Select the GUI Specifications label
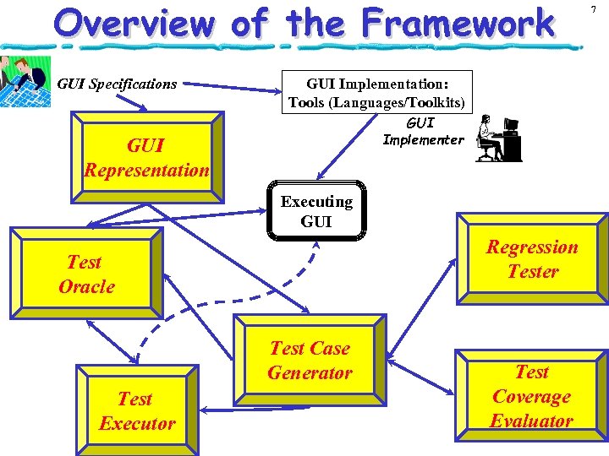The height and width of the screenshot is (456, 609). click(117, 84)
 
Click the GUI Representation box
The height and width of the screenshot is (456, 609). click(146, 158)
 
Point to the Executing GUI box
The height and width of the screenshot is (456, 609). click(316, 212)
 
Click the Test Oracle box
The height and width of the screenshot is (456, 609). click(85, 274)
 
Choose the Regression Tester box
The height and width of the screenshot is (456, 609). click(532, 259)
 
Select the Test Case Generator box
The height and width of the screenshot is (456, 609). click(310, 361)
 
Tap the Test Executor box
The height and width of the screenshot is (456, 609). click(136, 410)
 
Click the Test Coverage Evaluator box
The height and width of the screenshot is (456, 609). click(531, 396)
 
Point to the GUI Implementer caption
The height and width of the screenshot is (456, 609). click(423, 132)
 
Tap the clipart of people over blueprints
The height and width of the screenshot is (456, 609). click(25, 83)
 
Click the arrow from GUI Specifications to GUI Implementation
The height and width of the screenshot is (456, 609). click(233, 84)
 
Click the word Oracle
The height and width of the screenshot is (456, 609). click(86, 286)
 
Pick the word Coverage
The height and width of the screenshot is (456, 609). click(531, 396)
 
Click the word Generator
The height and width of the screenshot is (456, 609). click(310, 372)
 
